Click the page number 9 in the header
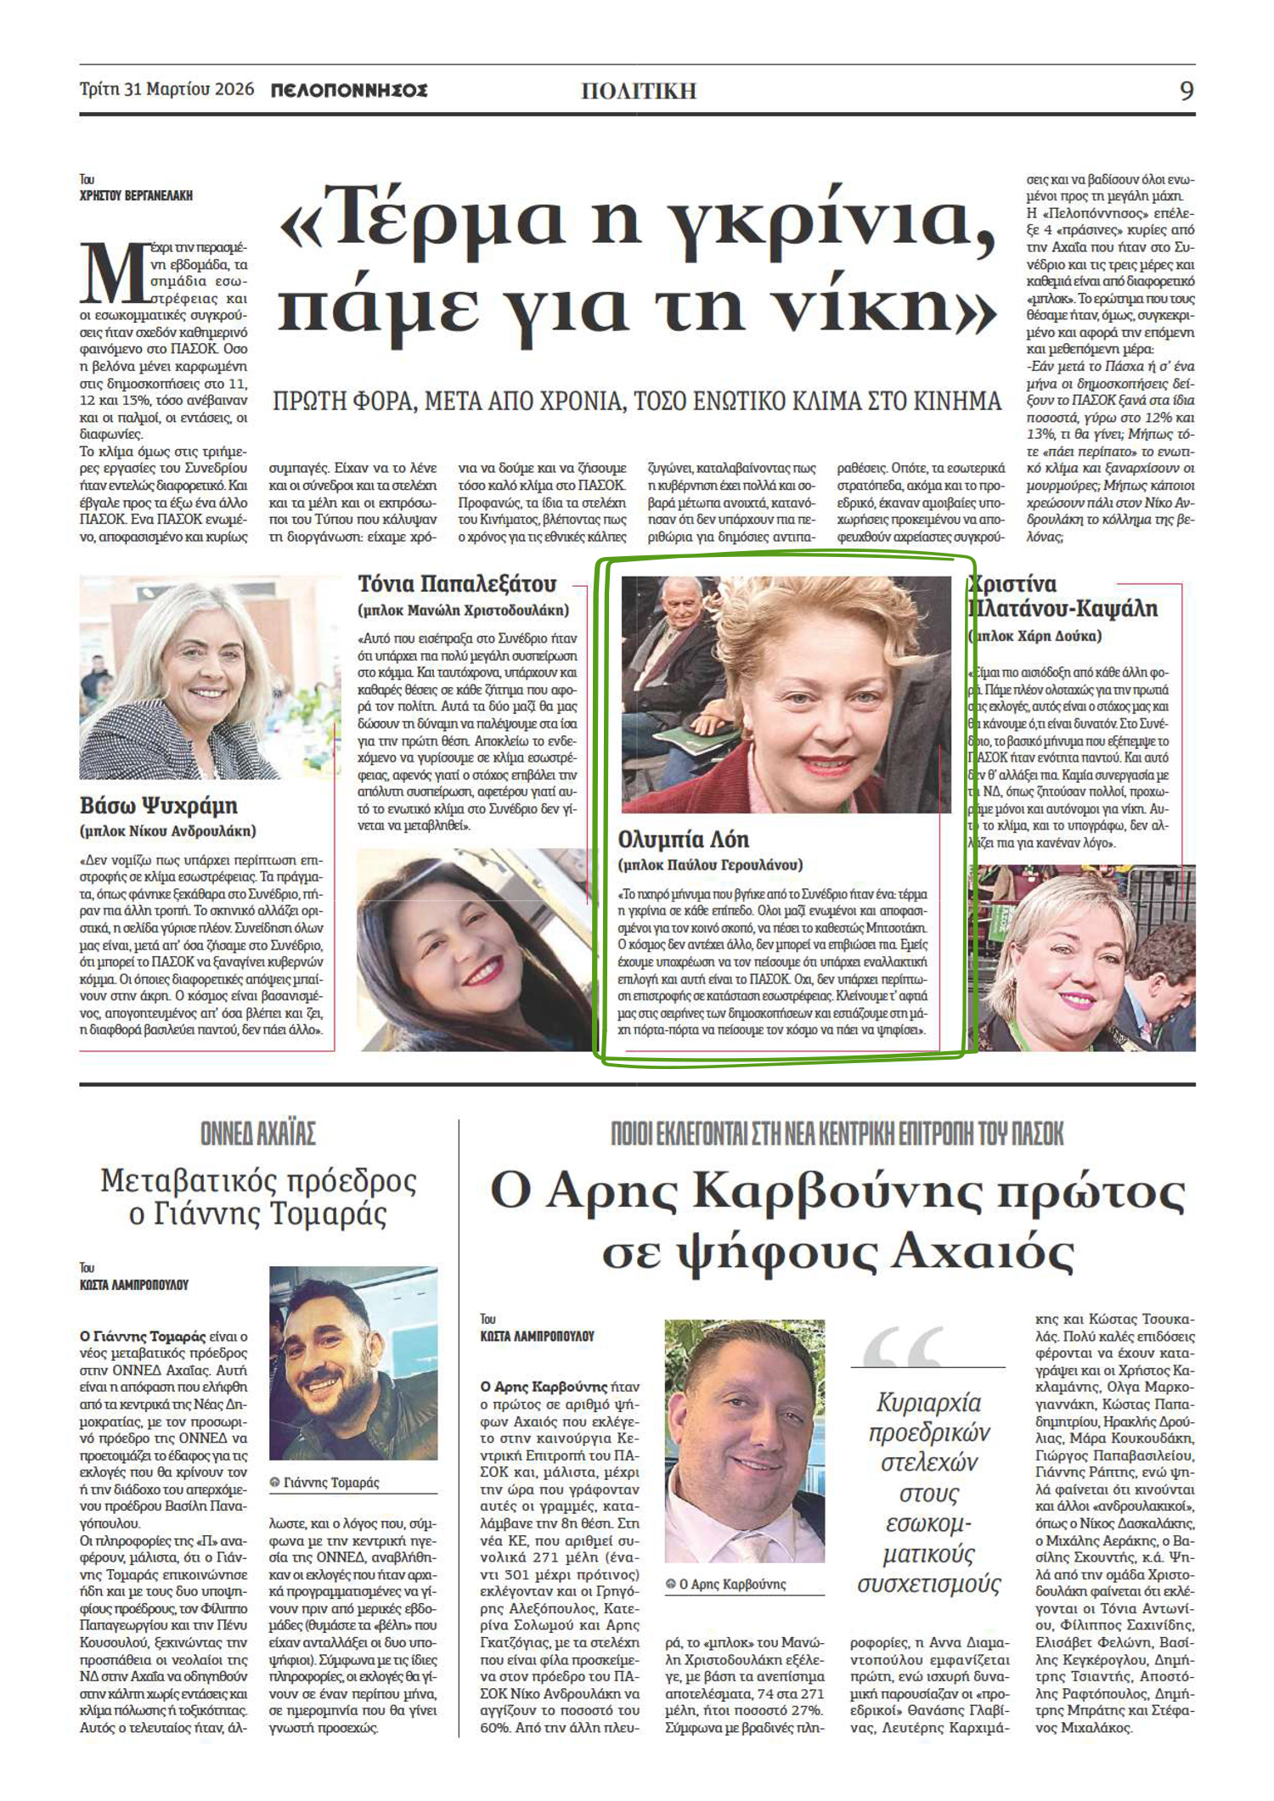pos(1187,90)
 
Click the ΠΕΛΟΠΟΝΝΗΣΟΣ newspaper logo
pos(348,91)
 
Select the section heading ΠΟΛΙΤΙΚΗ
pos(639,91)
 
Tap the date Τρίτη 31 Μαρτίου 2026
pos(166,90)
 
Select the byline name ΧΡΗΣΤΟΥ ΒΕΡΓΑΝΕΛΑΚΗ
pos(136,195)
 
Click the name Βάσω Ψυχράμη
pos(159,805)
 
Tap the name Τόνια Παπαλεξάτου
pos(457,584)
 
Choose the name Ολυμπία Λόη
pos(684,839)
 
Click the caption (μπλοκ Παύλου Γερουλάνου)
pos(711,865)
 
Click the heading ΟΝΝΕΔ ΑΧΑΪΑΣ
pos(258,1134)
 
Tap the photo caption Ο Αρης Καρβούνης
pos(732,1584)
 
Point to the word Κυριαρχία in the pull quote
pos(928,1403)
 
